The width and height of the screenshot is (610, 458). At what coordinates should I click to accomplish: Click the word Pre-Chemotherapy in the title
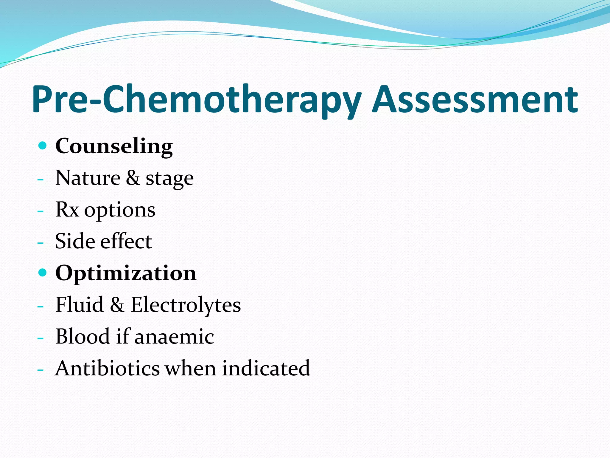197,100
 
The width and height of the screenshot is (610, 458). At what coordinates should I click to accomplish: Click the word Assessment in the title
475,100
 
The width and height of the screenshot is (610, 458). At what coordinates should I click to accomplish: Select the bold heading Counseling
114,146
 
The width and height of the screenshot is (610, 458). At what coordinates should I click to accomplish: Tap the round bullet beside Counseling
43,146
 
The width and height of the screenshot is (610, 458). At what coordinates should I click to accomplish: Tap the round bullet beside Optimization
43,273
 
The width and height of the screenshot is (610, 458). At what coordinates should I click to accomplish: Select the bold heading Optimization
126,273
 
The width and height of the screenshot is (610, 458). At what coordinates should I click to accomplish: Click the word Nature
88,178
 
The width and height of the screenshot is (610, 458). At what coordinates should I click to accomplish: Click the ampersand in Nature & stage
133,178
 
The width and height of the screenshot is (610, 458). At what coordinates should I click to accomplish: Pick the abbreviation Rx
67,210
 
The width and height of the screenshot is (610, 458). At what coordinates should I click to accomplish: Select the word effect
126,241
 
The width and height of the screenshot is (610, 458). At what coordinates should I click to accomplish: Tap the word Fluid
80,305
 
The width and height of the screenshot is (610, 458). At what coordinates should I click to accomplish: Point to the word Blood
83,337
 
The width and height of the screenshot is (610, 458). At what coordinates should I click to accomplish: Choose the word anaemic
174,337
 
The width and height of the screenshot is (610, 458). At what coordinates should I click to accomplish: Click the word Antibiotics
108,368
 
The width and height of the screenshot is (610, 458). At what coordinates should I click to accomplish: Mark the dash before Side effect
41,243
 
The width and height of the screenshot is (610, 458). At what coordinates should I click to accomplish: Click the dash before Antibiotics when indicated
41,370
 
